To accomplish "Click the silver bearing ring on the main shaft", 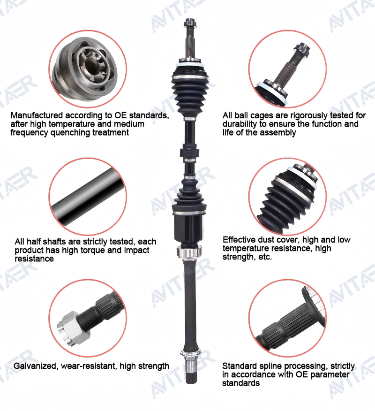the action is [x=189, y=251].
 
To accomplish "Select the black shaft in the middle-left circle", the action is [x=88, y=196].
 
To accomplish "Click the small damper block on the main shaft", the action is [x=189, y=152].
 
